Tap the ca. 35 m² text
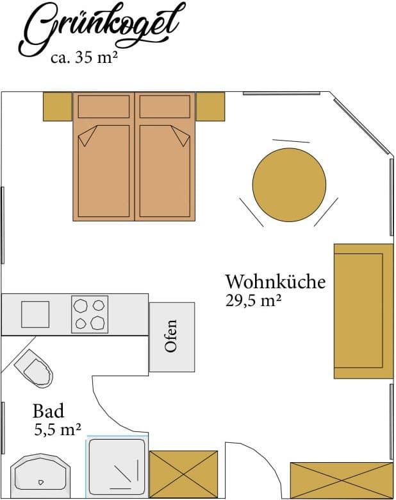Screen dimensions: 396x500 (x=85, y=58)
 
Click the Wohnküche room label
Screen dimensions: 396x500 (x=276, y=282)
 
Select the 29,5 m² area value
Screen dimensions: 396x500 (x=253, y=300)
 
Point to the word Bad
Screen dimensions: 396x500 (x=49, y=411)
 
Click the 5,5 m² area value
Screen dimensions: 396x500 (x=57, y=429)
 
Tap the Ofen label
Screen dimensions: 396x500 (x=170, y=336)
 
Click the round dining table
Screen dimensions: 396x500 (x=290, y=185)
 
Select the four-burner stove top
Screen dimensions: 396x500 (x=90, y=315)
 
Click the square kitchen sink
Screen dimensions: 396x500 (x=35, y=315)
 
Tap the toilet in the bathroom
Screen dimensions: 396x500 (x=34, y=368)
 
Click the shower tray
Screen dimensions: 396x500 (x=117, y=467)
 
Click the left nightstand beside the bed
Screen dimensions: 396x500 (x=58, y=107)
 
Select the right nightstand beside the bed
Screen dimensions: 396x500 (x=210, y=107)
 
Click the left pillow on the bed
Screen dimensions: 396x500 (x=104, y=107)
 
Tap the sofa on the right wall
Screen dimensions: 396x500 (x=363, y=311)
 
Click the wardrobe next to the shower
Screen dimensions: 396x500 (x=184, y=474)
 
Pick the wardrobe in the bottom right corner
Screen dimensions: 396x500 (x=342, y=481)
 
